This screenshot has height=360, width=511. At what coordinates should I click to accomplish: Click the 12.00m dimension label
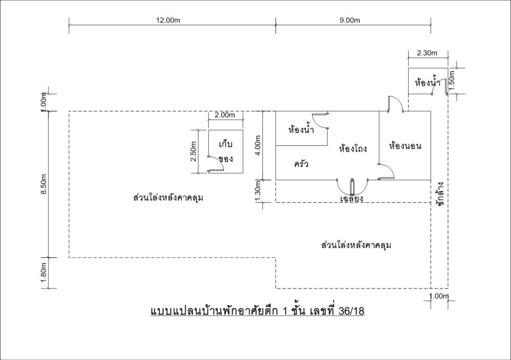click(x=168, y=20)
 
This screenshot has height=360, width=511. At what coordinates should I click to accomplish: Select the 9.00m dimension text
click(x=350, y=20)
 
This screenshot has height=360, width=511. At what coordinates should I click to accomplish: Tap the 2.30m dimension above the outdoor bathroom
click(x=427, y=53)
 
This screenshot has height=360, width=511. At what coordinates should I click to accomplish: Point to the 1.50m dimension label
click(x=452, y=81)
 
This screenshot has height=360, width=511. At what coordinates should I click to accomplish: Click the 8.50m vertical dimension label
click(x=44, y=184)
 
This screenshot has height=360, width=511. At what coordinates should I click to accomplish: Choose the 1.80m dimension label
click(x=44, y=273)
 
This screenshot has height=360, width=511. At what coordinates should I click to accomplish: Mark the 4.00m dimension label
click(x=258, y=145)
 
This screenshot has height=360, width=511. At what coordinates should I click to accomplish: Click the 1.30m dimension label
click(x=258, y=191)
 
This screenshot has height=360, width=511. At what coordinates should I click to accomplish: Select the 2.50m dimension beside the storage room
click(x=193, y=151)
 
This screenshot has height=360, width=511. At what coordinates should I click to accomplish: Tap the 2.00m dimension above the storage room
click(x=225, y=115)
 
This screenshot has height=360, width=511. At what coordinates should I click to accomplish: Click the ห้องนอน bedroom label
click(x=405, y=145)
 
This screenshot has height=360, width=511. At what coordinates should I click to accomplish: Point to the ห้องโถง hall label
click(x=353, y=149)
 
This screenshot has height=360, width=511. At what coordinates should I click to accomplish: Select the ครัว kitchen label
click(x=301, y=163)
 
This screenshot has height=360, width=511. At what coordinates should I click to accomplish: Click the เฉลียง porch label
click(x=351, y=198)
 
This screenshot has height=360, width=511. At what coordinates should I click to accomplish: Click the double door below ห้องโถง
click(x=352, y=187)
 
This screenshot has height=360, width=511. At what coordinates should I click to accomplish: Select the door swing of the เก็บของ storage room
click(x=216, y=164)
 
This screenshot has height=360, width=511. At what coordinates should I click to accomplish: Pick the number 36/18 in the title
click(x=351, y=311)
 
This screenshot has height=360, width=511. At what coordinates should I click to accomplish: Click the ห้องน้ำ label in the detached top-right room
click(x=428, y=82)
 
